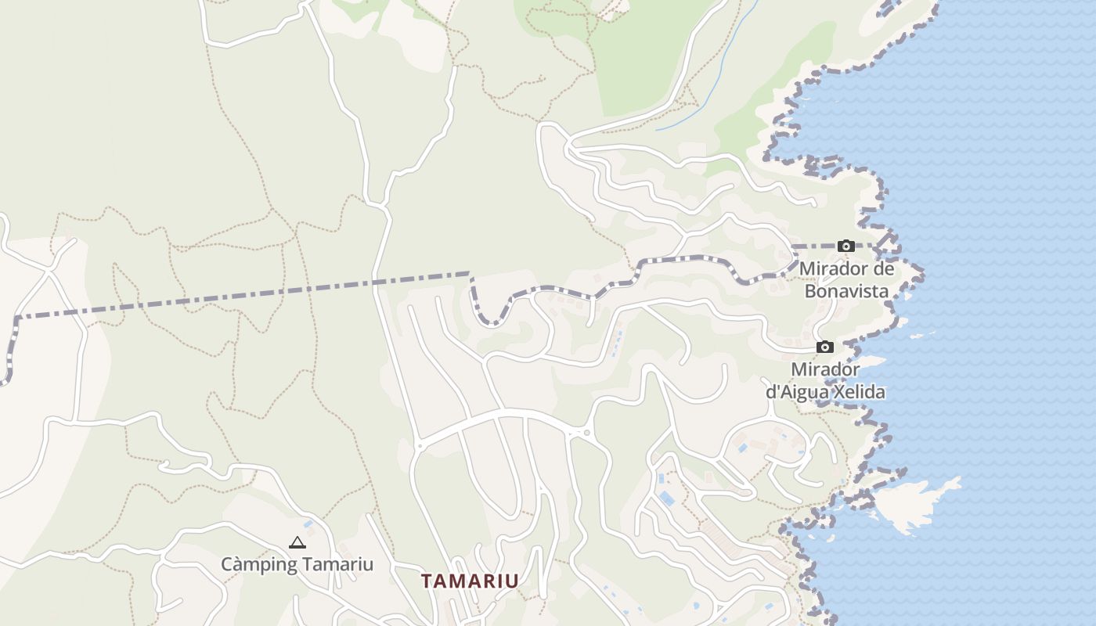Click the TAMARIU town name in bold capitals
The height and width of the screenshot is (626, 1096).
tap(470, 581)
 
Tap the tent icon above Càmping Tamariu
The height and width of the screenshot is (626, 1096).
tap(297, 542)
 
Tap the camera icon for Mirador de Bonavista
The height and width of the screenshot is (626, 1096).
tap(845, 246)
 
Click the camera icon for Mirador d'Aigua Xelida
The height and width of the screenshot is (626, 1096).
tap(824, 347)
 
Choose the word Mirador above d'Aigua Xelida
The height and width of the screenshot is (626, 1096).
tap(826, 369)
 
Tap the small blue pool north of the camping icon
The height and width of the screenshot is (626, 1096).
tap(308, 523)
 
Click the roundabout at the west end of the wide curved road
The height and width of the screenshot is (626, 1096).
tap(420, 446)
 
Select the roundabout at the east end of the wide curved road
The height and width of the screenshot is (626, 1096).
tap(586, 432)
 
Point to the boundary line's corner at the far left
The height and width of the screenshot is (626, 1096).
tap(16, 318)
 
